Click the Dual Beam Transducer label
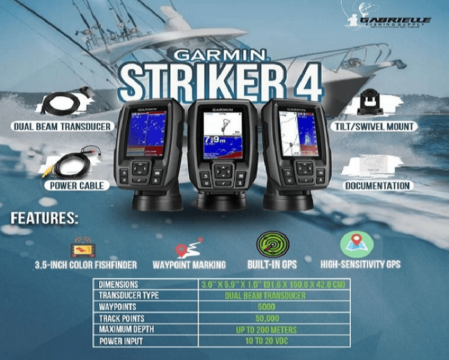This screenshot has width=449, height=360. click(62, 126)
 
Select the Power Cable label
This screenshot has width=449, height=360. click(77, 186)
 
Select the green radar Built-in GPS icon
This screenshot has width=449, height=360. click(273, 244)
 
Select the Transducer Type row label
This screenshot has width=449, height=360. click(129, 296)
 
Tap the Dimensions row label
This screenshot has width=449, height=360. click(119, 284)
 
